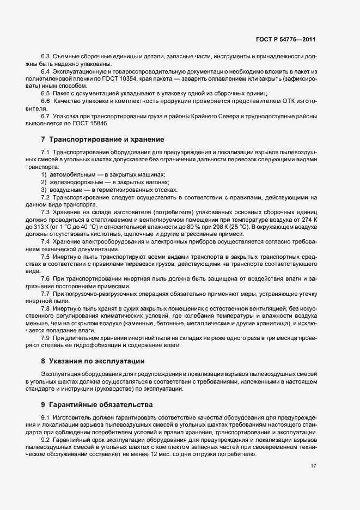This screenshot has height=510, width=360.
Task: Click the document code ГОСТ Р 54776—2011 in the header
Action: [x=285, y=40]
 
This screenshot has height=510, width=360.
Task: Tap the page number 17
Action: [x=314, y=466]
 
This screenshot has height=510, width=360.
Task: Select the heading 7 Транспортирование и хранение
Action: [x=102, y=140]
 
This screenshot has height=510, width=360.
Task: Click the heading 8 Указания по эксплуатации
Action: [x=97, y=361]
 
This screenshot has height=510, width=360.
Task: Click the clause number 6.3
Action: [x=46, y=57]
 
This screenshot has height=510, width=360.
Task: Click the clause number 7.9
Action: [x=46, y=337]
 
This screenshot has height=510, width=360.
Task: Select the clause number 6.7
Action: [x=46, y=116]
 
